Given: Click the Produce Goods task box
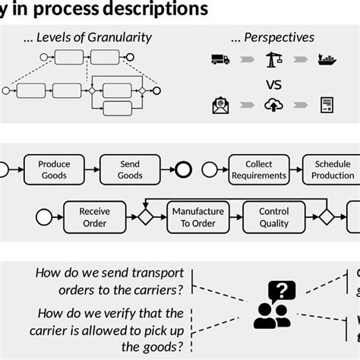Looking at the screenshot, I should coord(54,169).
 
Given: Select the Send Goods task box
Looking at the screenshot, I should coord(130,169).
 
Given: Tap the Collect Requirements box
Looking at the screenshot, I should coord(259,169).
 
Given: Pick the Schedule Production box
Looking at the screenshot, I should coord(332,169).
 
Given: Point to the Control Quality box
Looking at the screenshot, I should coord(273,217).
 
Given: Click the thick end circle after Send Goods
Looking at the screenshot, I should coord(183,169).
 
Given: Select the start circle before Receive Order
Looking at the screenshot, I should coord(43,217).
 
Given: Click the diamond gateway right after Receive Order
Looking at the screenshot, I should coord(144,217).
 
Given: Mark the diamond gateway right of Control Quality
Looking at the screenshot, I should coord(327,217).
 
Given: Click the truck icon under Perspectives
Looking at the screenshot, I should coord(220,59).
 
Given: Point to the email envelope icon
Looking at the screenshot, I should coord(221,105).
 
